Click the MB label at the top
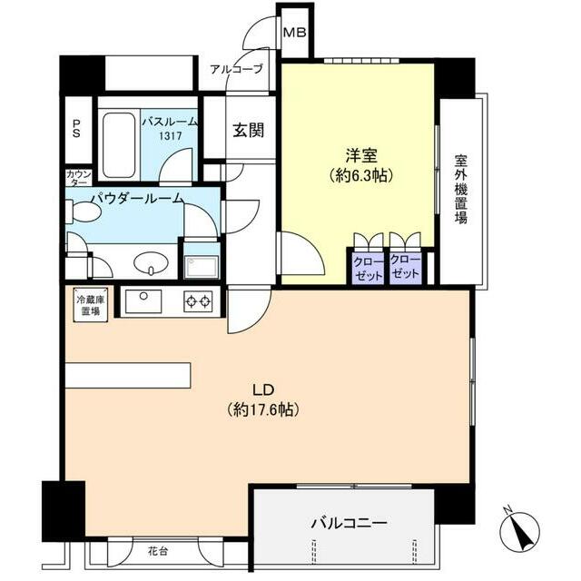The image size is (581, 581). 295,33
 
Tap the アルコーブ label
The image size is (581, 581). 236,69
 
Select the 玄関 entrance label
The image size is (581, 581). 248,130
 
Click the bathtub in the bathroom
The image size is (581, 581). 118,145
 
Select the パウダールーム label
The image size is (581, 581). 137,198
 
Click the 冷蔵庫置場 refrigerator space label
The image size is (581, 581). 88,304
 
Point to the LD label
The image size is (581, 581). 262,390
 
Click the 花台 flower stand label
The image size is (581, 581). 159,549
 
